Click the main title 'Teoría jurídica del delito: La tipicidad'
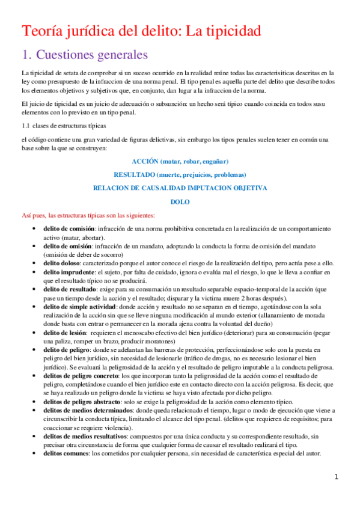tap(141, 31)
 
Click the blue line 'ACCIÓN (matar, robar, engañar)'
tap(180, 162)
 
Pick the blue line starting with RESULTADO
tap(180, 174)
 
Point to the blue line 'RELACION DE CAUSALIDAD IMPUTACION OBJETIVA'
tap(180, 188)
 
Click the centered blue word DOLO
tap(180, 202)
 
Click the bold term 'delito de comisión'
tap(69, 229)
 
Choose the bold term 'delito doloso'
tap(61, 263)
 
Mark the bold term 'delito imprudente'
tap(68, 272)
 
